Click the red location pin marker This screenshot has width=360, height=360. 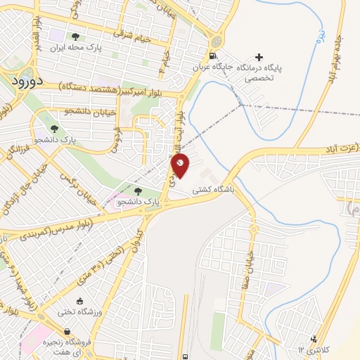click(180, 165)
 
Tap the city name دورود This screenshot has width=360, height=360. click(27, 81)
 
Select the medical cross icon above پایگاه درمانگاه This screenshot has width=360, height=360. click(259, 57)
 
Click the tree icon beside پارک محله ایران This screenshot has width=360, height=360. click(75, 37)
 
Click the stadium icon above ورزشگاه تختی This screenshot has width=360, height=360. click(86, 300)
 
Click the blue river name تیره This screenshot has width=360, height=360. click(320, 32)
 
